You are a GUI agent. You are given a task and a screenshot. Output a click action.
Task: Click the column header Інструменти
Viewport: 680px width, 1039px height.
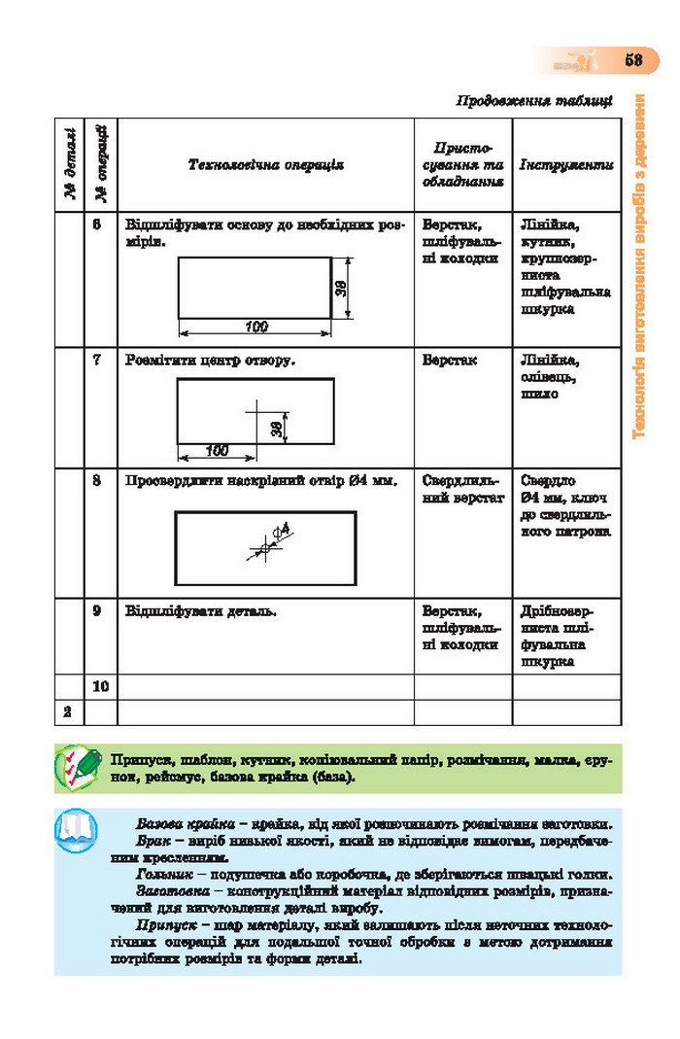click(x=566, y=165)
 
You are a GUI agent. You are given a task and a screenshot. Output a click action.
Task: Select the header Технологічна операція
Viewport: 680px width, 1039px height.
click(x=265, y=165)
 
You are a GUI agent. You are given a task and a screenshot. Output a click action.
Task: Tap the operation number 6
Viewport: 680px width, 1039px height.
click(x=97, y=224)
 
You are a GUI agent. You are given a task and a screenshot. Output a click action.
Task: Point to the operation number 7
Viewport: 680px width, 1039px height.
click(x=97, y=360)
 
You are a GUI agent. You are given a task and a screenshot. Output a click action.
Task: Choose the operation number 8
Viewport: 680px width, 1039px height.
click(x=97, y=480)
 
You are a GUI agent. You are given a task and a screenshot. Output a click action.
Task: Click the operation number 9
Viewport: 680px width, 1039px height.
click(x=97, y=611)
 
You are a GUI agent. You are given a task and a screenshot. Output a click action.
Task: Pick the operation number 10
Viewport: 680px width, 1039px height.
click(x=99, y=686)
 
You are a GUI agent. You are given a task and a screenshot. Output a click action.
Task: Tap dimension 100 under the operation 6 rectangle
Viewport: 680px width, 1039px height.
click(x=255, y=327)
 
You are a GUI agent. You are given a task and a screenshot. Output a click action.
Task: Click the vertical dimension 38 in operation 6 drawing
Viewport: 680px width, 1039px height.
click(x=341, y=288)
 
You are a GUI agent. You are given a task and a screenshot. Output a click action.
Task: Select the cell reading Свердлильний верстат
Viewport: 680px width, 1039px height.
click(x=462, y=489)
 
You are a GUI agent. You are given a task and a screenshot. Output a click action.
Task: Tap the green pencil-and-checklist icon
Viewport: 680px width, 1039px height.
click(x=78, y=767)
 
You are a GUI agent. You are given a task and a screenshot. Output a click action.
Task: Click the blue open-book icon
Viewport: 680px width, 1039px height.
click(x=77, y=829)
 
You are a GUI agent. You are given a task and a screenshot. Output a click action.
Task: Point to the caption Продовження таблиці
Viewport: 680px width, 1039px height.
click(x=534, y=100)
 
